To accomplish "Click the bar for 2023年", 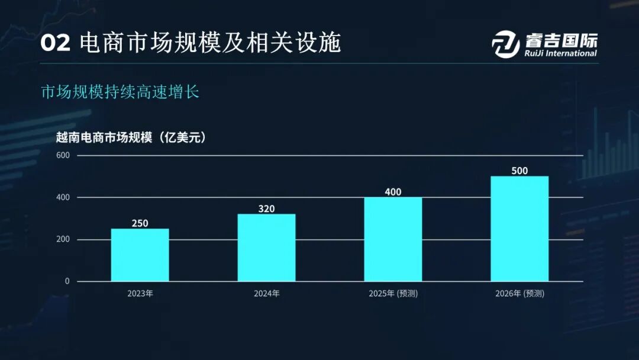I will [140, 255].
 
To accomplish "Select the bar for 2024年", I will [266, 247].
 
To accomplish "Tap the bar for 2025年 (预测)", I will [393, 239].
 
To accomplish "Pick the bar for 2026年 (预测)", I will [519, 229].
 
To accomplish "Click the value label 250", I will [140, 223].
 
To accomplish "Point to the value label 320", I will [266, 208].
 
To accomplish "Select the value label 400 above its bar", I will [393, 192].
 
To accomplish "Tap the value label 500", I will [519, 171].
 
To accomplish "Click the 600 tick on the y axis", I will [63, 155].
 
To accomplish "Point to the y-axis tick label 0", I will [67, 281].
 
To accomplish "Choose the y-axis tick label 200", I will [63, 239].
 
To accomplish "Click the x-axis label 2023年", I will [140, 293].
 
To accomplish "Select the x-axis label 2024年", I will [266, 293].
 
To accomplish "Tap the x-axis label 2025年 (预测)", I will [393, 293].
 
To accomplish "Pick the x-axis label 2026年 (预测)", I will [519, 293].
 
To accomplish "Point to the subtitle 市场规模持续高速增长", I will [120, 93].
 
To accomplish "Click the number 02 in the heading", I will [56, 43].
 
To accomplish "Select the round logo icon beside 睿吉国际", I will [506, 43].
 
